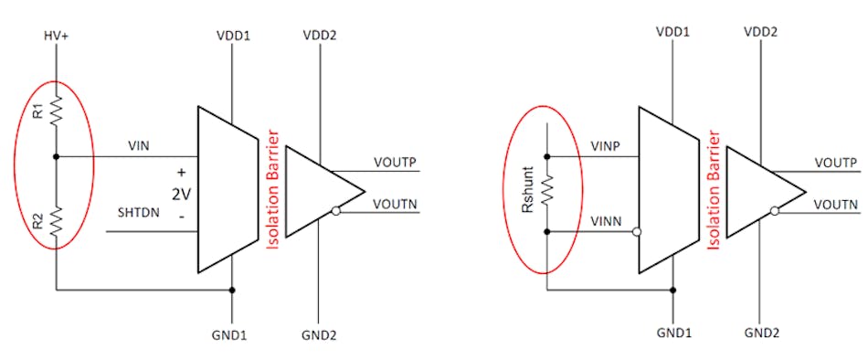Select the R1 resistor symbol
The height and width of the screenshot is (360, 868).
point(57,111)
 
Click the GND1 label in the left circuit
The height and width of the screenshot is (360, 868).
point(232,335)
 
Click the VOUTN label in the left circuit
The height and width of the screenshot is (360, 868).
point(395,204)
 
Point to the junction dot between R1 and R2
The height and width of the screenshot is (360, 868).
point(57,155)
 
